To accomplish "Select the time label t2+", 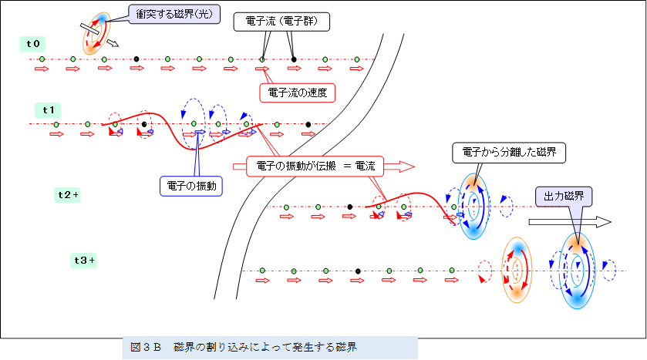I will tap(69, 195).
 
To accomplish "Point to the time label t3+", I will tap(83, 260).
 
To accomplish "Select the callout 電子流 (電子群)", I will tap(281, 22).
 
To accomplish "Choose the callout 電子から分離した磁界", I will tap(509, 153).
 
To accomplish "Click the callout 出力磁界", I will tap(562, 197).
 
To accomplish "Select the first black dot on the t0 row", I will tap(136, 59).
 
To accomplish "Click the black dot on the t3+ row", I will tap(358, 271).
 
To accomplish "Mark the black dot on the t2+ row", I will tap(349, 207).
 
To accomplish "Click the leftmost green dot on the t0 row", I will tap(42, 59).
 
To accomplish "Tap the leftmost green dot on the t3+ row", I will tap(263, 271).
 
